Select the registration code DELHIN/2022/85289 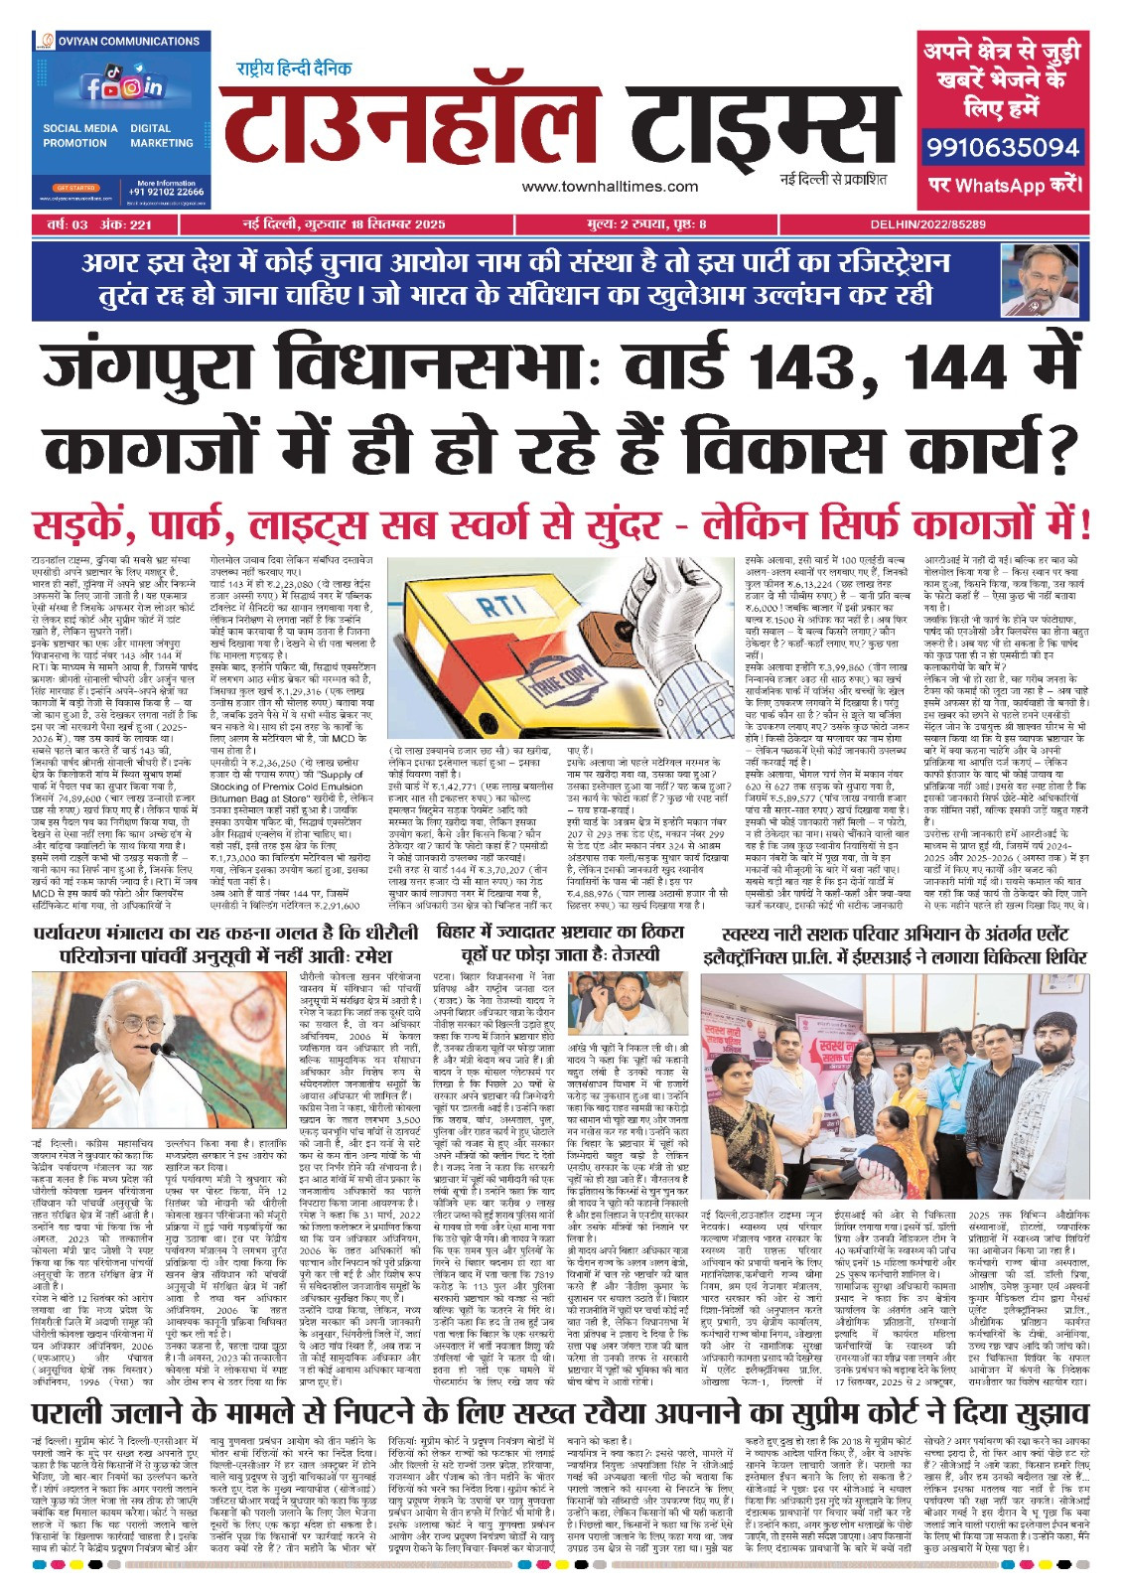pyautogui.click(x=927, y=225)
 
